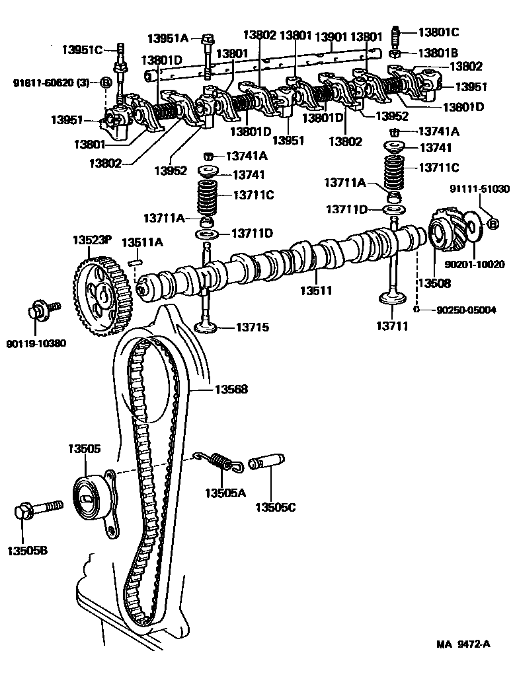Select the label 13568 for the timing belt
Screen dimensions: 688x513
[x=231, y=390]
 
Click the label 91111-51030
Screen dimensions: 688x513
[x=480, y=189]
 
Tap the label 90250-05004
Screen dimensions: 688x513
[x=466, y=309]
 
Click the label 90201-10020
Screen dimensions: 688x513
[x=474, y=264]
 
